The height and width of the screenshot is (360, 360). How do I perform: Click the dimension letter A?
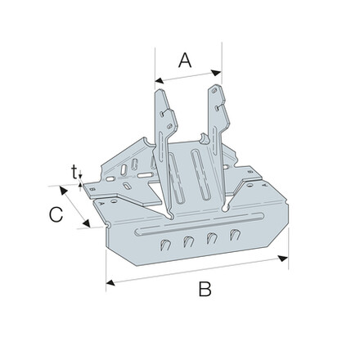[x=185, y=61]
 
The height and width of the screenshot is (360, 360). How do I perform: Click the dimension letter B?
[x=205, y=289]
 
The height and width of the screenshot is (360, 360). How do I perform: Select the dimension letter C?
[x=56, y=214]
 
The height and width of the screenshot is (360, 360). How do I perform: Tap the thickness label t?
[x=74, y=173]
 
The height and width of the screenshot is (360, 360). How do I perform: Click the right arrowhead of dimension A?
[x=216, y=73]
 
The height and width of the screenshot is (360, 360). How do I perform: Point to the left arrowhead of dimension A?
[x=160, y=80]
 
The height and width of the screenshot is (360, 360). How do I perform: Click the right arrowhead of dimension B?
[x=283, y=259]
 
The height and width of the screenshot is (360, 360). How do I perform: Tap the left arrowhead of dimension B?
[x=110, y=283]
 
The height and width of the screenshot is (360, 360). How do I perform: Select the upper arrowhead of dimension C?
[x=63, y=190]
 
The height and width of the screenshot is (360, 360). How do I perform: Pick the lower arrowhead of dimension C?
[x=86, y=223]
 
